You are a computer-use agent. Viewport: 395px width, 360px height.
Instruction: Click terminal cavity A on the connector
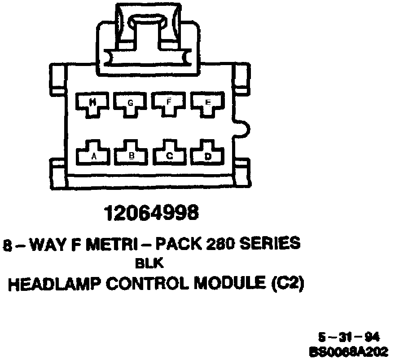[x=94, y=154]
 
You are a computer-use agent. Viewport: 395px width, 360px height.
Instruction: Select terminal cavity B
[x=131, y=154]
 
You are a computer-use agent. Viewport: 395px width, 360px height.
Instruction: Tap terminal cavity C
[x=170, y=154]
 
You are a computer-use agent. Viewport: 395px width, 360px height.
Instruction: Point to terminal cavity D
[x=207, y=154]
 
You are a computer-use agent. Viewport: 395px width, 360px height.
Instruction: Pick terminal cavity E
[x=207, y=103]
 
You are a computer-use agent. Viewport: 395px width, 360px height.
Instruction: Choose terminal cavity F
[x=169, y=103]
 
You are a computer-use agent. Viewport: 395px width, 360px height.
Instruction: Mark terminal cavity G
[x=131, y=103]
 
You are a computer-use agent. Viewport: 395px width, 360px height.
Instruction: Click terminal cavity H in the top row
[x=93, y=103]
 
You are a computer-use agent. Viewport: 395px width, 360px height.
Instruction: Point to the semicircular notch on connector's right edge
[x=243, y=129]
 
